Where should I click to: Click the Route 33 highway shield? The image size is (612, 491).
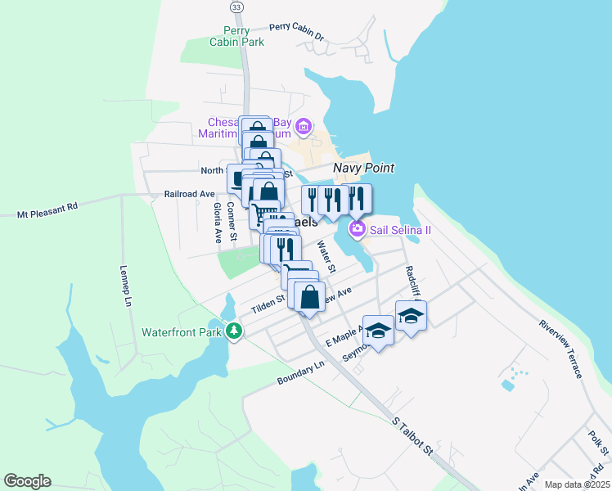pyautogui.click(x=236, y=7)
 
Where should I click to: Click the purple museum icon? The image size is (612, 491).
pyautogui.click(x=304, y=127)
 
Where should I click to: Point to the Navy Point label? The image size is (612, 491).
pyautogui.click(x=363, y=169)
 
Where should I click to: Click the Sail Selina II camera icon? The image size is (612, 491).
pyautogui.click(x=357, y=229)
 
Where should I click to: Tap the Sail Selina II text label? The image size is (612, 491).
pyautogui.click(x=400, y=230)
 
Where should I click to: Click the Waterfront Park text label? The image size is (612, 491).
pyautogui.click(x=182, y=332)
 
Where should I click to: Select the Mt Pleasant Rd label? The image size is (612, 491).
pyautogui.click(x=47, y=210)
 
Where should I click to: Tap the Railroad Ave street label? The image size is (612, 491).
pyautogui.click(x=189, y=195)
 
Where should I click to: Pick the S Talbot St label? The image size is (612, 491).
pyautogui.click(x=411, y=436)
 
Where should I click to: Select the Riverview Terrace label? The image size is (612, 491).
pyautogui.click(x=560, y=349)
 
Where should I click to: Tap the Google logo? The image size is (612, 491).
pyautogui.click(x=27, y=481)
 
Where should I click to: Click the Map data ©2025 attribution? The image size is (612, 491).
pyautogui.click(x=576, y=484)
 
